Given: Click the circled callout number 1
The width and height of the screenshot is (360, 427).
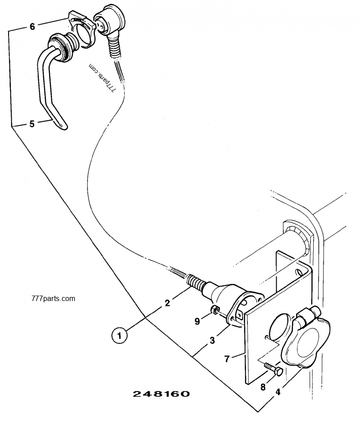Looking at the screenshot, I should [119, 335].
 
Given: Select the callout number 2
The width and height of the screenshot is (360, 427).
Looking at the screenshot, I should [167, 303].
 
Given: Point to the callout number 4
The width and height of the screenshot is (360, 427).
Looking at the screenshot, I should [278, 391].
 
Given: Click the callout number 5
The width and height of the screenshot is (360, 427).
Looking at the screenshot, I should [31, 124].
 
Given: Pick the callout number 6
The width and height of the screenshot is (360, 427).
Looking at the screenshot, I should [32, 27].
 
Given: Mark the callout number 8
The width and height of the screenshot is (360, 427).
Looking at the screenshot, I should [263, 386].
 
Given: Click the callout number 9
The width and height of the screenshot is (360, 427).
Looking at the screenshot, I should [197, 321].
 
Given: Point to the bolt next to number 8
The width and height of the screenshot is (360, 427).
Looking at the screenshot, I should [273, 369].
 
